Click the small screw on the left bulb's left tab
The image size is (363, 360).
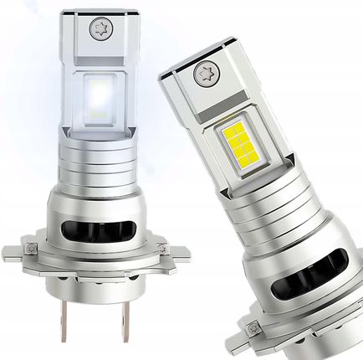[x=32, y=249]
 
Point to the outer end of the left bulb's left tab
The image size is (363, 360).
[x=10, y=250]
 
